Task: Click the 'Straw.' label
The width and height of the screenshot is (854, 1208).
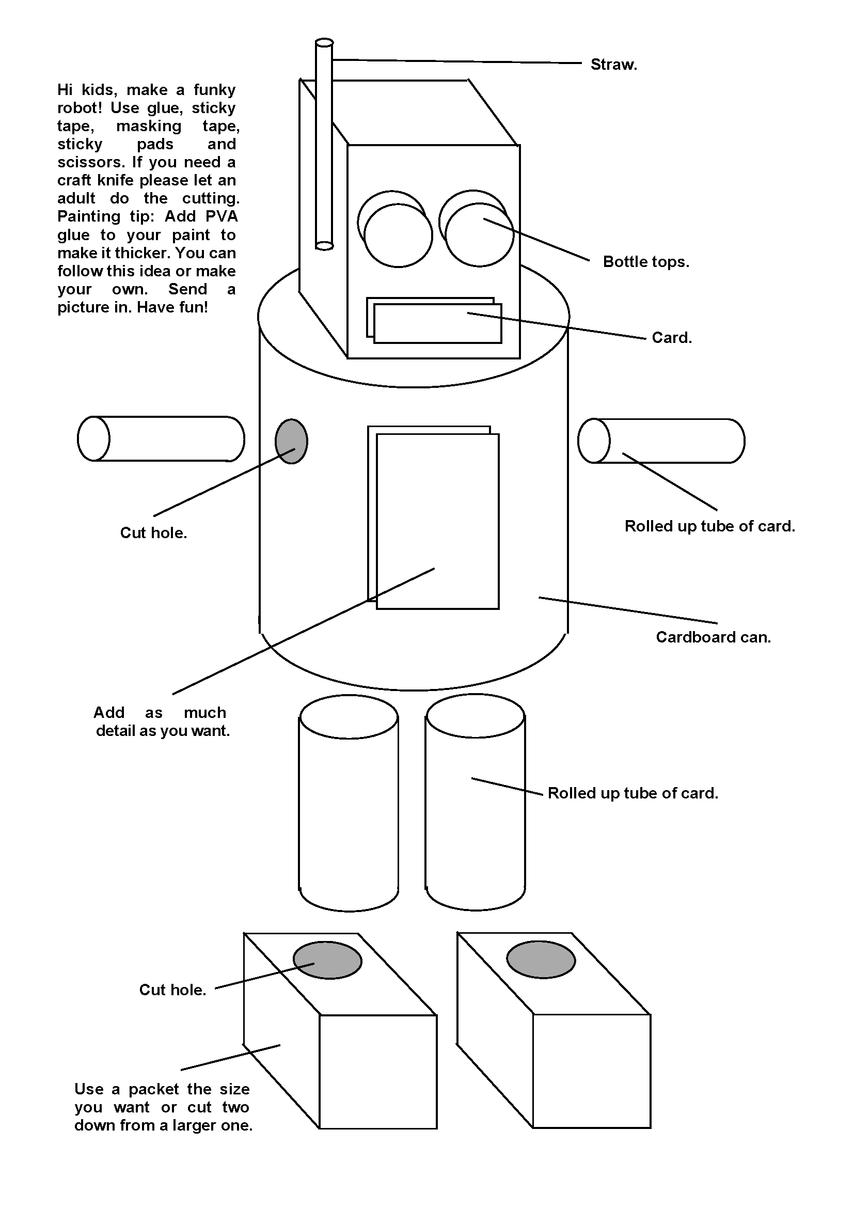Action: pyautogui.click(x=613, y=65)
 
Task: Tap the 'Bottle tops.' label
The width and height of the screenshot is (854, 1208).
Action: pyautogui.click(x=646, y=261)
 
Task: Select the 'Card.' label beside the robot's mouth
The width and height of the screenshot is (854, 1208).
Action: pyautogui.click(x=672, y=337)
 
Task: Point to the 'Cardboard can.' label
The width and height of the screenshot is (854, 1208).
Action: pyautogui.click(x=713, y=637)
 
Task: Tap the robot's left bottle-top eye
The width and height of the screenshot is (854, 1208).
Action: pyautogui.click(x=398, y=234)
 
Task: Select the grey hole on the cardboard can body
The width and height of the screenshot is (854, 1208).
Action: pyautogui.click(x=291, y=442)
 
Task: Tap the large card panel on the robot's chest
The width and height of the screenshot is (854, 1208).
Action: pyautogui.click(x=437, y=521)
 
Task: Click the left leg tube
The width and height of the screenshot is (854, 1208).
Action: pyautogui.click(x=349, y=811)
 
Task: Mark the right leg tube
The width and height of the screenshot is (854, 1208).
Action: pyautogui.click(x=476, y=811)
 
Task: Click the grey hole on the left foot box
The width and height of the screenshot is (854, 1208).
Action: pyautogui.click(x=327, y=960)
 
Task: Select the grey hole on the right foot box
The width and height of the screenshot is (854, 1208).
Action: pyautogui.click(x=541, y=960)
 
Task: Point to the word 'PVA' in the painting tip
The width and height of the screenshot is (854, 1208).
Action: pyautogui.click(x=222, y=216)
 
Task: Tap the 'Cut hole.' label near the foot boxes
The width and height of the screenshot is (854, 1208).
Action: pyautogui.click(x=172, y=990)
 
